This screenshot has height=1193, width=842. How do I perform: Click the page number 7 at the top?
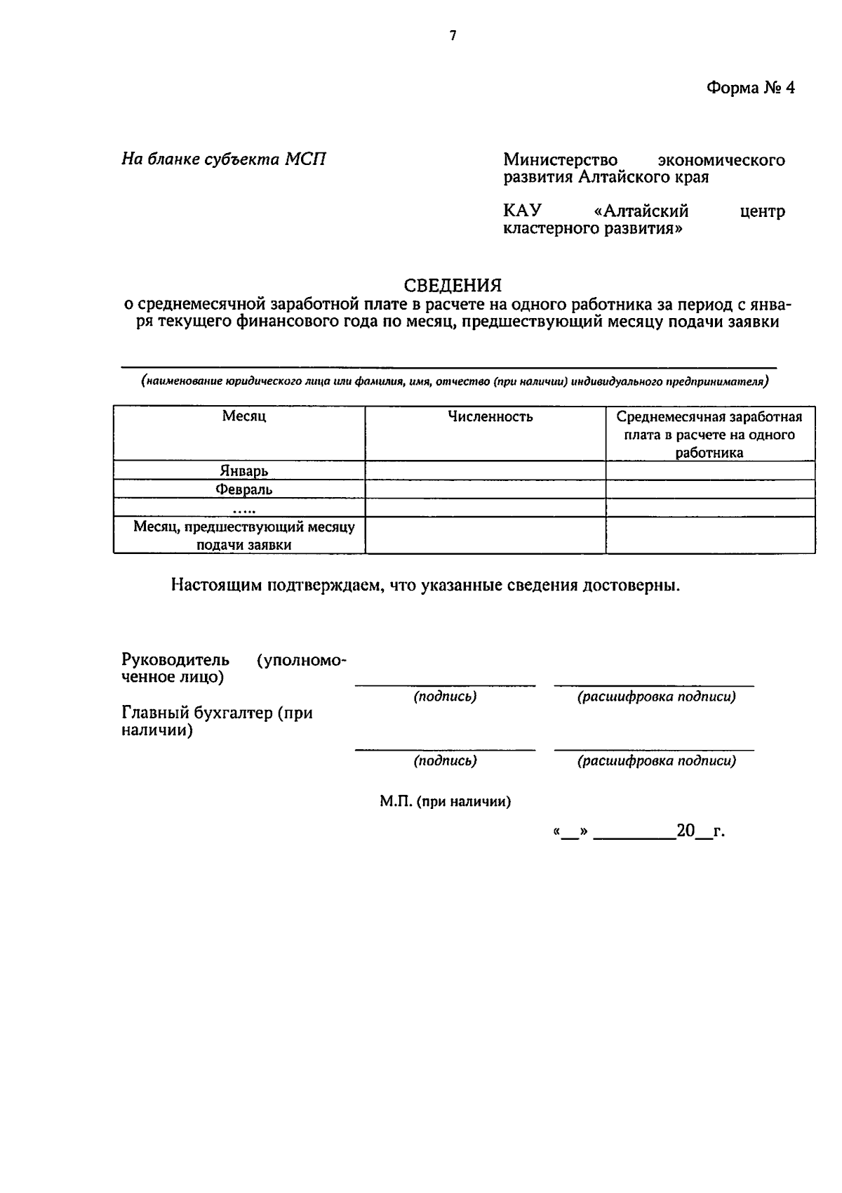pos(453,36)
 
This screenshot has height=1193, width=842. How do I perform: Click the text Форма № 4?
pos(750,88)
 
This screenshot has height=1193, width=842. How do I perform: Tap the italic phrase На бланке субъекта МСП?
pos(224,159)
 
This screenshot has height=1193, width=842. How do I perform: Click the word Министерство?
pos(560,160)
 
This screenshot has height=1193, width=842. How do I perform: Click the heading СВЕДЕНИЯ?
pos(453,285)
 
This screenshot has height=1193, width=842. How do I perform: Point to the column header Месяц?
pos(243,416)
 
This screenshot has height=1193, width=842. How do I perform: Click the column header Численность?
pos(490,417)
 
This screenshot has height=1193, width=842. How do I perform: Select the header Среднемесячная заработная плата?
pos(709,434)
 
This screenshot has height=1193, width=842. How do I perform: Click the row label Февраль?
pos(243,489)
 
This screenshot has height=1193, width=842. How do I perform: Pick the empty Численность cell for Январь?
pos(485,470)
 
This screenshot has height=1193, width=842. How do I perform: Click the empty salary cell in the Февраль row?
pos(709,489)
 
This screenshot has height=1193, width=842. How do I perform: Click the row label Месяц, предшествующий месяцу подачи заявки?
pos(243,535)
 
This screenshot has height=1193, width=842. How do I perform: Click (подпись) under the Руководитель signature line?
pos(445,697)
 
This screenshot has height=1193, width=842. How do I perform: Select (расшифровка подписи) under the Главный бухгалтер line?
pos(656,760)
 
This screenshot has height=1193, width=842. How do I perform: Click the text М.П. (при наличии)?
pos(445,802)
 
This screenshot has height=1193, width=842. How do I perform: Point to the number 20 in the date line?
pos(685,831)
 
